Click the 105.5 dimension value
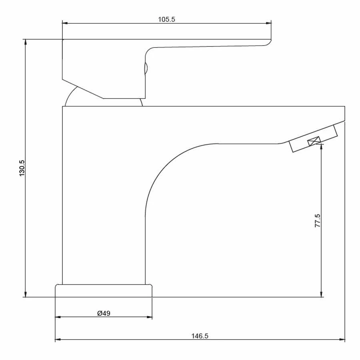pos(166,19)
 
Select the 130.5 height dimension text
pos(22,168)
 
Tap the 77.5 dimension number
pos(317,221)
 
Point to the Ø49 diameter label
pos(104,313)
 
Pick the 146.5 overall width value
pos(200,336)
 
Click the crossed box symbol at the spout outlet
pos(314,141)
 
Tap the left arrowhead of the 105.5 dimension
pos(65,23)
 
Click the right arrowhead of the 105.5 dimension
pos(268,23)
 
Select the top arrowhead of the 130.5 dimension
pos(26,42)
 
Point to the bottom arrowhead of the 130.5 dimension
pos(26,294)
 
